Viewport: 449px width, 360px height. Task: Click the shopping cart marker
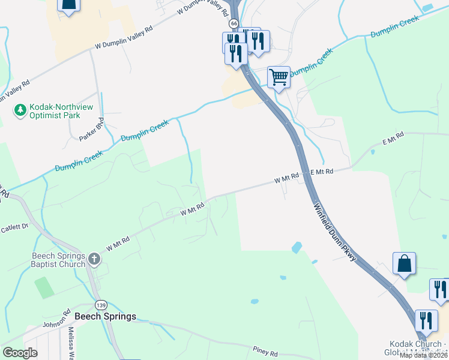pyautogui.click(x=279, y=77)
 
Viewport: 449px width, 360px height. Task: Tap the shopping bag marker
pyautogui.click(x=404, y=263)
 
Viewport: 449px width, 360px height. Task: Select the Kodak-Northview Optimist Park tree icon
pyautogui.click(x=20, y=109)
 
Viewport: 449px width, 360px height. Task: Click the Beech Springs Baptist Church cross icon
pyautogui.click(x=94, y=259)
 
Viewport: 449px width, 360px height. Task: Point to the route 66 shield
pyautogui.click(x=234, y=23)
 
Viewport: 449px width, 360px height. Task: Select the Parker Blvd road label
pyautogui.click(x=92, y=130)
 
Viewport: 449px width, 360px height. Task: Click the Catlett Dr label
pyautogui.click(x=14, y=228)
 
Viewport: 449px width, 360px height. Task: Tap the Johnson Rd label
pyautogui.click(x=58, y=322)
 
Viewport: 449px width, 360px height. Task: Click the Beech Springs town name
pyautogui.click(x=105, y=316)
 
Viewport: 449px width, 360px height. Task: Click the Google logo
pyautogui.click(x=20, y=353)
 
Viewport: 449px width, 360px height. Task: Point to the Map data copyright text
pyautogui.click(x=424, y=355)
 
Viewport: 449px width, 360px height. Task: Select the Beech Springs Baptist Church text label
pyautogui.click(x=58, y=260)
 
